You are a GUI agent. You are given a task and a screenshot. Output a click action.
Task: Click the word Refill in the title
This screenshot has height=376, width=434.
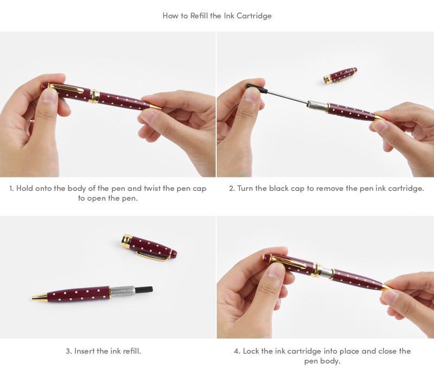click(x=198, y=16)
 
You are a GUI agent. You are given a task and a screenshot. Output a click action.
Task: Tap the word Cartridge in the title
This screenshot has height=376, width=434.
click(x=254, y=16)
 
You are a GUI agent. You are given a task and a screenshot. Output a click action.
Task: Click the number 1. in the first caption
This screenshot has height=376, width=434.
click(x=11, y=189)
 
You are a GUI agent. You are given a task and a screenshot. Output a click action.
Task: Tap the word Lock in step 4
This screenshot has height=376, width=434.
click(x=252, y=351)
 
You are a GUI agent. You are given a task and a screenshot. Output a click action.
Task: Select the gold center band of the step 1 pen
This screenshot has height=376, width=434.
click(x=94, y=97)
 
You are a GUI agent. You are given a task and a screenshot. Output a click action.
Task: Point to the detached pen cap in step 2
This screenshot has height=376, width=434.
click(x=340, y=75)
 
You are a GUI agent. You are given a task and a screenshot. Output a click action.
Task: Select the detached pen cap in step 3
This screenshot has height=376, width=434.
click(x=149, y=247)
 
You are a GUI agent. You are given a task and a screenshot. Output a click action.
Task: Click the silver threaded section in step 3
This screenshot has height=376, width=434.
click(x=122, y=292)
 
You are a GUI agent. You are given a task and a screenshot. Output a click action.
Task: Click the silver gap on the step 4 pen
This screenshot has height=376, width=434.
click(x=324, y=272)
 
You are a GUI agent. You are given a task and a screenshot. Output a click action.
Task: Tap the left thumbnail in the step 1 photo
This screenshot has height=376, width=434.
click(x=49, y=95)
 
